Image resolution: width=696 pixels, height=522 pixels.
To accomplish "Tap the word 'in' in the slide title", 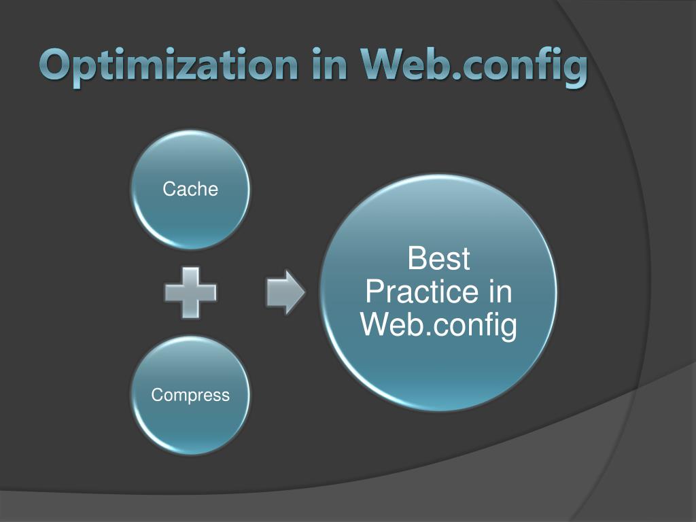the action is point(329,67).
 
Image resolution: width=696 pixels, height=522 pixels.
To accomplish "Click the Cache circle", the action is point(190,189).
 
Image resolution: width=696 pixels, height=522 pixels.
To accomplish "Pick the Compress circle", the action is point(190,395).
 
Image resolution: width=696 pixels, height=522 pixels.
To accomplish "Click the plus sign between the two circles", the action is point(190,292).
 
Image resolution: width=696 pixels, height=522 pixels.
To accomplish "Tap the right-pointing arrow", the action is point(285,292).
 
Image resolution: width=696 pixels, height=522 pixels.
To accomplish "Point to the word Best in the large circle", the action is point(438,260).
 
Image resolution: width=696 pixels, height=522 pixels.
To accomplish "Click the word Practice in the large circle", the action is point(412,292).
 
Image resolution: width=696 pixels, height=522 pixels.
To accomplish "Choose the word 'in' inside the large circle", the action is point(500,292).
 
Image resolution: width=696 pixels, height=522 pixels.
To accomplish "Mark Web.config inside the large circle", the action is point(438,325).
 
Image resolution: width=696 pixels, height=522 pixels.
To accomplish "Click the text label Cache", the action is point(190,189).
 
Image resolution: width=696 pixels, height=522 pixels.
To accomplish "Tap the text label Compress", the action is point(190,395).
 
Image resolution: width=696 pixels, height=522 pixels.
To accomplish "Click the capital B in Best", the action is point(415,260).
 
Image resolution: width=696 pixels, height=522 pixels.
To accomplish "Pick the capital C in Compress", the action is point(156,395).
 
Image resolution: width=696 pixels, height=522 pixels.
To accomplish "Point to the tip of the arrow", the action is point(304,292).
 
